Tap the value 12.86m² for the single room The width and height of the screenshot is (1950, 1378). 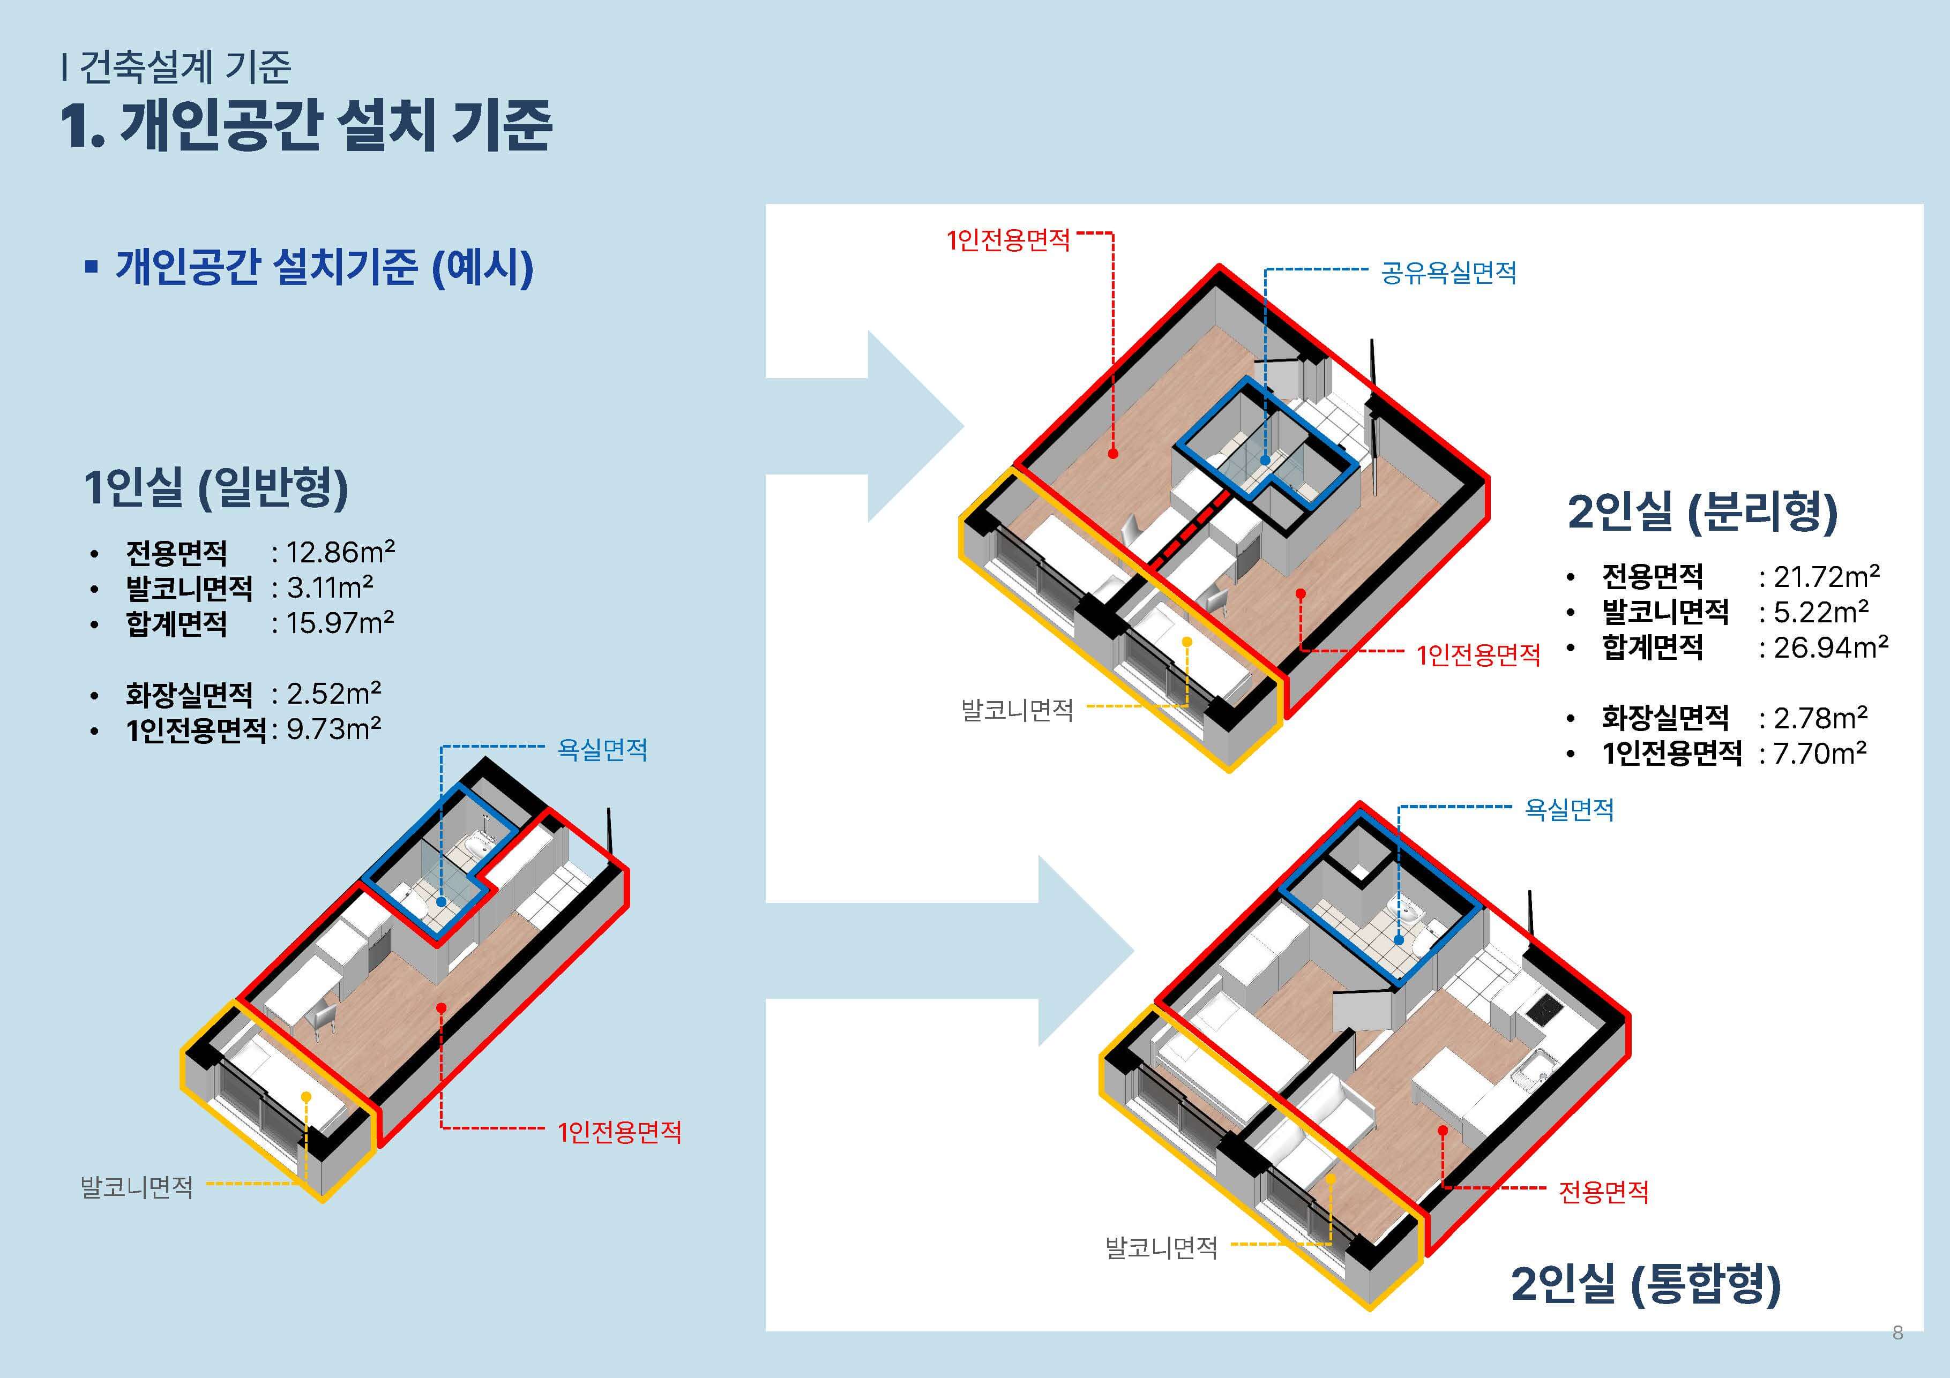[x=340, y=553]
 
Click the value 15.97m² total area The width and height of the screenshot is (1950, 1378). [x=340, y=623]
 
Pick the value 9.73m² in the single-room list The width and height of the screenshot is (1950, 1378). [x=333, y=729]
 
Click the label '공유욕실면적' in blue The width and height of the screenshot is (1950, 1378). [x=1448, y=273]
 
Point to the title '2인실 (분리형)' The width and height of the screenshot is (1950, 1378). [x=1702, y=512]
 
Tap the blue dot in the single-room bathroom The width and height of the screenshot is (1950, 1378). [x=442, y=901]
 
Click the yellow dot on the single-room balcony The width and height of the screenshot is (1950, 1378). [x=306, y=1097]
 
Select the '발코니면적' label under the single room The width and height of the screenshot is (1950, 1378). [x=137, y=1186]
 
